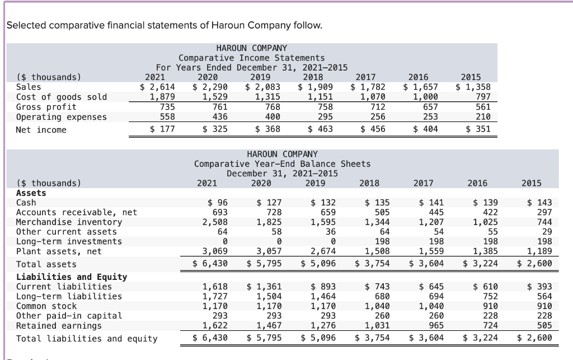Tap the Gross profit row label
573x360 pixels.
[x=46, y=107]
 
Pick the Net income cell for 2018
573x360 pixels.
[x=317, y=129]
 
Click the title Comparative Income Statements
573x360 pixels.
[x=251, y=58]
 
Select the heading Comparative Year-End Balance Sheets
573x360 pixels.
[x=282, y=163]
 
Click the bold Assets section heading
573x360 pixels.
[x=31, y=193]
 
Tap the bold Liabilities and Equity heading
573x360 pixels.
[x=72, y=277]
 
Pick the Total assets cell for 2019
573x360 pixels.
[x=319, y=263]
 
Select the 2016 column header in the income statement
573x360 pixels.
[x=420, y=77]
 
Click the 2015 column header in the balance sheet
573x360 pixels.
[x=530, y=183]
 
